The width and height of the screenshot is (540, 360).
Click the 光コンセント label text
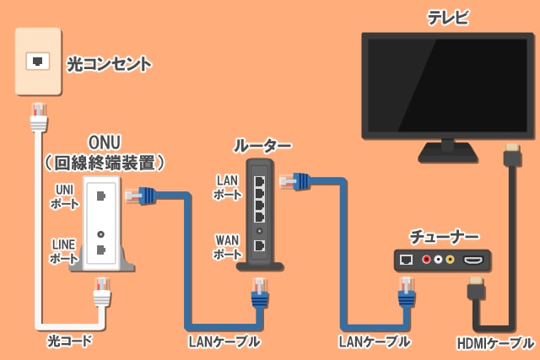click(109, 63)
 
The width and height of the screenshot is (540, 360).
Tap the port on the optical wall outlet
click(38, 61)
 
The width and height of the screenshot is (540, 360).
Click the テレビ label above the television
click(447, 17)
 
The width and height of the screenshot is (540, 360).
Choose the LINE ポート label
click(63, 250)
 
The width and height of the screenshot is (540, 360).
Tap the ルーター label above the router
click(262, 145)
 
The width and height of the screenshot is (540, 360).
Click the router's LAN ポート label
click(228, 187)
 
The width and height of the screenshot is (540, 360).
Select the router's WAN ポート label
click(228, 247)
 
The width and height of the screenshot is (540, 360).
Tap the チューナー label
click(444, 236)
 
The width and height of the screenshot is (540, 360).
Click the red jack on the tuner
click(427, 261)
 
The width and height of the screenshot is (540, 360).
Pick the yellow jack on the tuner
click(451, 261)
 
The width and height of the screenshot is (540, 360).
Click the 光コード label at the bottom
click(69, 341)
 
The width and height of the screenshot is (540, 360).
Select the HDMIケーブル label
click(495, 343)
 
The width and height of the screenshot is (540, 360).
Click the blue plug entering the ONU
click(140, 196)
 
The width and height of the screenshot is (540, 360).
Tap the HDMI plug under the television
click(511, 159)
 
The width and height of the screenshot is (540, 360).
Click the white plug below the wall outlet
click(38, 117)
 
